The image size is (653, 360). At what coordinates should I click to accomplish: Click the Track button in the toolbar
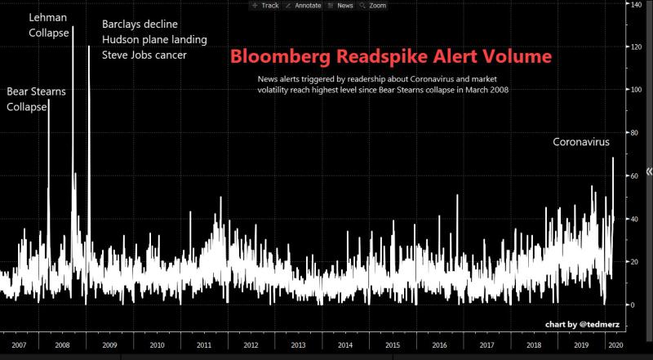[x=265, y=5]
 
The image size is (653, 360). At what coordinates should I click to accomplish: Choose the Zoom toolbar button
[x=372, y=5]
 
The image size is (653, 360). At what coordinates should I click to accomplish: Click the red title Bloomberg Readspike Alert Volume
[x=391, y=57]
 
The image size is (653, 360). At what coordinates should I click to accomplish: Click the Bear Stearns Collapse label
[x=36, y=100]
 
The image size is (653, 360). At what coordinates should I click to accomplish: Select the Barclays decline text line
[x=140, y=24]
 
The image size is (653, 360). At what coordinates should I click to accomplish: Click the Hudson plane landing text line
[x=154, y=39]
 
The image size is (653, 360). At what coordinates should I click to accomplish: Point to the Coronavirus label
[x=581, y=142]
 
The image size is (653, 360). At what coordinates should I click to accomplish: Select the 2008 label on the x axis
[x=61, y=345]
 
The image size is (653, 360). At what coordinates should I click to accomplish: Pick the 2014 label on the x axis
[x=346, y=345]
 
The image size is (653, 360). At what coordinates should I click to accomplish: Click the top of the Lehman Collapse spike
[x=73, y=27]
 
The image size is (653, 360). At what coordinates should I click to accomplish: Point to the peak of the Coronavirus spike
[x=613, y=158]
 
